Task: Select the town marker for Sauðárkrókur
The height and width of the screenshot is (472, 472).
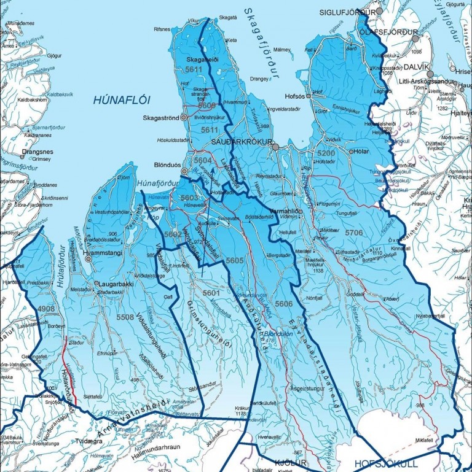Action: click(276, 147)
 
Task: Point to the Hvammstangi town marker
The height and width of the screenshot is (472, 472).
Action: click(88, 259)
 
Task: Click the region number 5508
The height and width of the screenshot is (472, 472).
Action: click(125, 317)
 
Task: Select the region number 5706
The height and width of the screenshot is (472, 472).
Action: click(354, 233)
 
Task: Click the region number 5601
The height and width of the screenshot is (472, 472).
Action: click(211, 293)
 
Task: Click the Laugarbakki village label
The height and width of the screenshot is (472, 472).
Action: click(115, 285)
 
